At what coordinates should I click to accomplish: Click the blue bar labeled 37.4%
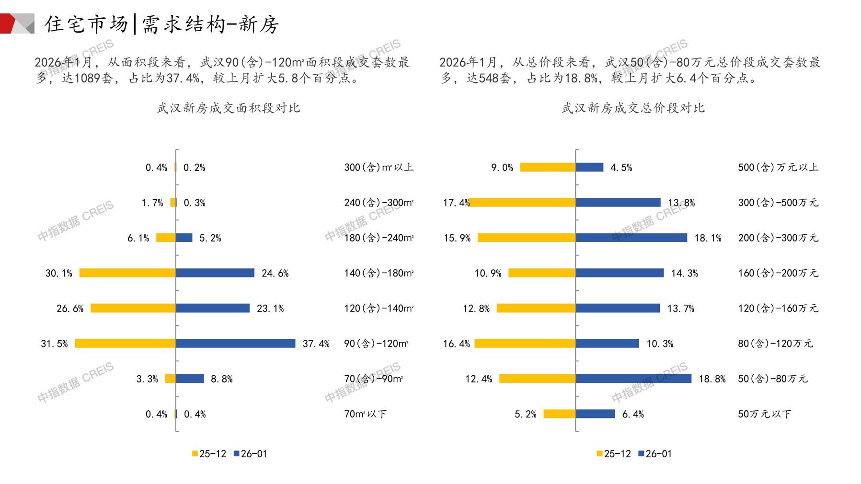tap(235, 343)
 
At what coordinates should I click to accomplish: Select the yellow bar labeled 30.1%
tap(127, 273)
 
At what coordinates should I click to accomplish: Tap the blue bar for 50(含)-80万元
tap(633, 379)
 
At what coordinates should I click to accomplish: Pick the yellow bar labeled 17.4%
tap(522, 202)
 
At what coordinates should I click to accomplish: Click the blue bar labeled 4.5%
tap(589, 167)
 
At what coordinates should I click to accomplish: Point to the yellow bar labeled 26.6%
tap(133, 308)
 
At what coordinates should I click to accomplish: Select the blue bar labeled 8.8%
tap(190, 379)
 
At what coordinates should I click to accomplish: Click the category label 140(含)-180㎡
tap(379, 273)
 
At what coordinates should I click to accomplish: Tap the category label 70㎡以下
tap(365, 414)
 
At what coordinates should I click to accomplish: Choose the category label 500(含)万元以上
tap(778, 167)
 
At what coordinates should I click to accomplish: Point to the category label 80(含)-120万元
tap(775, 344)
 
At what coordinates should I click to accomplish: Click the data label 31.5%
tap(54, 344)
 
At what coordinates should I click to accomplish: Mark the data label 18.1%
tap(708, 238)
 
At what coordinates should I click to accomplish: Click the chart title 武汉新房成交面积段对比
tap(229, 108)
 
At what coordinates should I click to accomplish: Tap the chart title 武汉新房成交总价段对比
tap(633, 108)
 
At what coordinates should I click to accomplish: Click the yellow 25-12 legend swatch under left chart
tap(195, 453)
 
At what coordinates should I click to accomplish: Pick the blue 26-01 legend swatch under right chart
tap(641, 453)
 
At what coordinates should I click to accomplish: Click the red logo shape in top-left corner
tap(7, 23)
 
